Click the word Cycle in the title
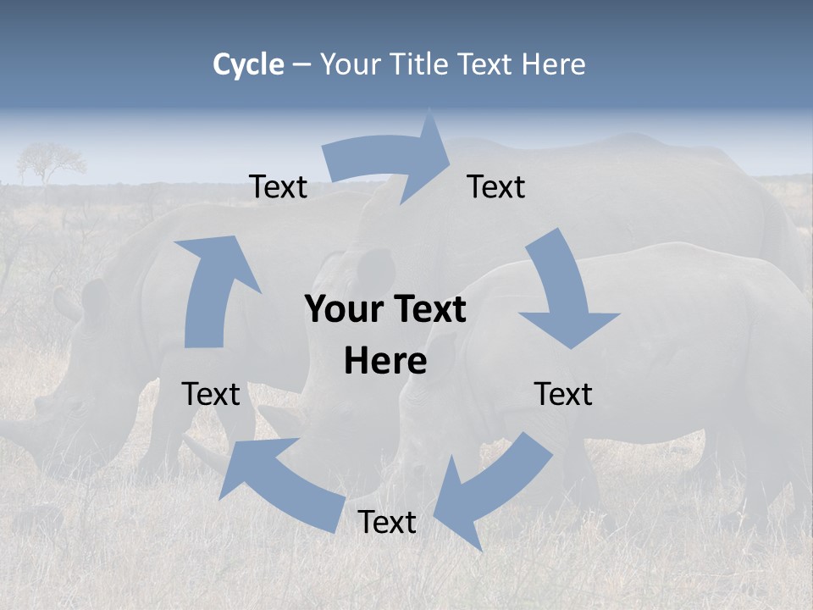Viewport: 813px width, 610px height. [x=248, y=64]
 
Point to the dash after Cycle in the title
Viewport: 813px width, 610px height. [x=301, y=64]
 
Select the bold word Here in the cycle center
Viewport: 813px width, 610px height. [x=385, y=361]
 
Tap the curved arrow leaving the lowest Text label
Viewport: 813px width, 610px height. [x=279, y=483]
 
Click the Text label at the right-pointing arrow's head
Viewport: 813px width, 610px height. [x=496, y=186]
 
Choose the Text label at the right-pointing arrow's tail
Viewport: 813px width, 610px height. [x=278, y=186]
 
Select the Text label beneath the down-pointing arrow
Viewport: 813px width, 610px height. [x=563, y=394]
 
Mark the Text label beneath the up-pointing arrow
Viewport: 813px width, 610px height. [x=211, y=394]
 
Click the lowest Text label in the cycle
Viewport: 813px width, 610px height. [x=386, y=523]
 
